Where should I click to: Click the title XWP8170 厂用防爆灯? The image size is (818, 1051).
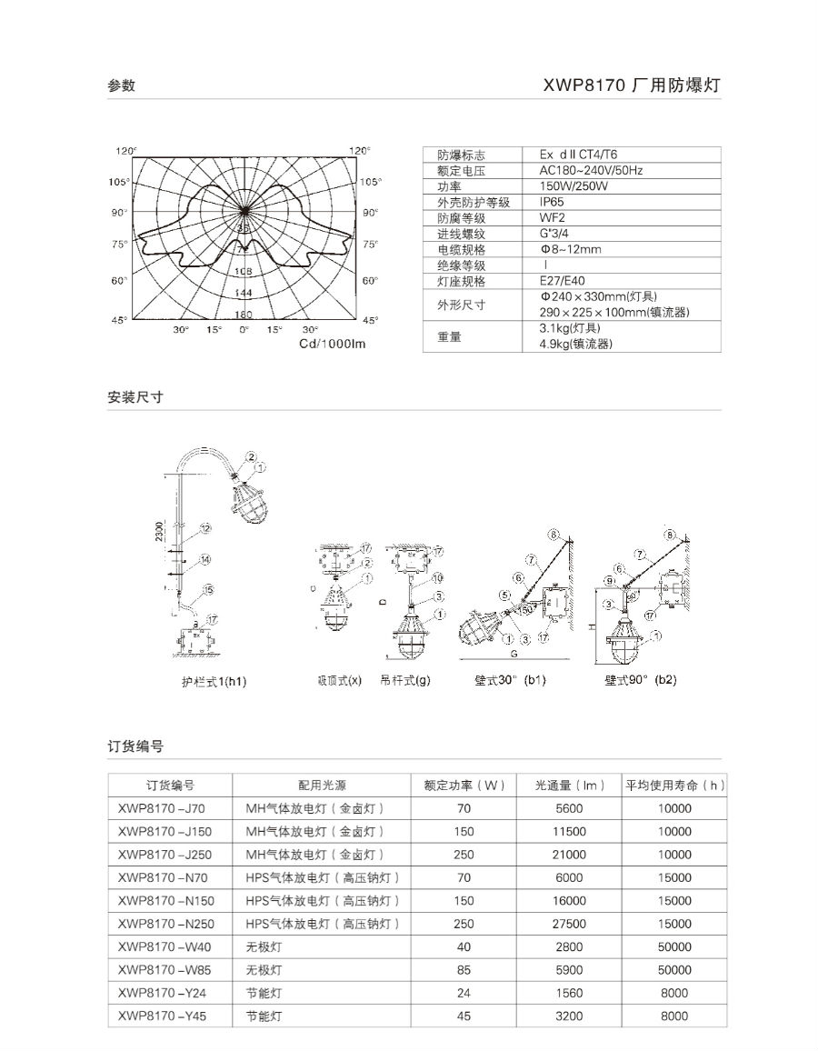631,86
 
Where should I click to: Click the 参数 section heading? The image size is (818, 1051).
121,85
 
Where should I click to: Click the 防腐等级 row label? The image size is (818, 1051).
461,218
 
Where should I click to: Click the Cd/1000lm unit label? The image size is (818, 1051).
331,345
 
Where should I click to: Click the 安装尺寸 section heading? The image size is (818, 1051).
135,397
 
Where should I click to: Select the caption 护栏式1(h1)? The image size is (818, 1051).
214,680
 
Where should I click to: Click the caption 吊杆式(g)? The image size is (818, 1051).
405,679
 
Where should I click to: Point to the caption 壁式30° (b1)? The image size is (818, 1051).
510,679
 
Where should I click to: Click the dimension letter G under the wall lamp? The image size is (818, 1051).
514,653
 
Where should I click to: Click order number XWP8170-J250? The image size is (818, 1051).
163,855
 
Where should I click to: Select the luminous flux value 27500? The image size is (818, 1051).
569,924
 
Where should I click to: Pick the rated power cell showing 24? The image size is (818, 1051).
464,993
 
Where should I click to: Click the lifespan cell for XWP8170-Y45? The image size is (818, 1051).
674,1016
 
